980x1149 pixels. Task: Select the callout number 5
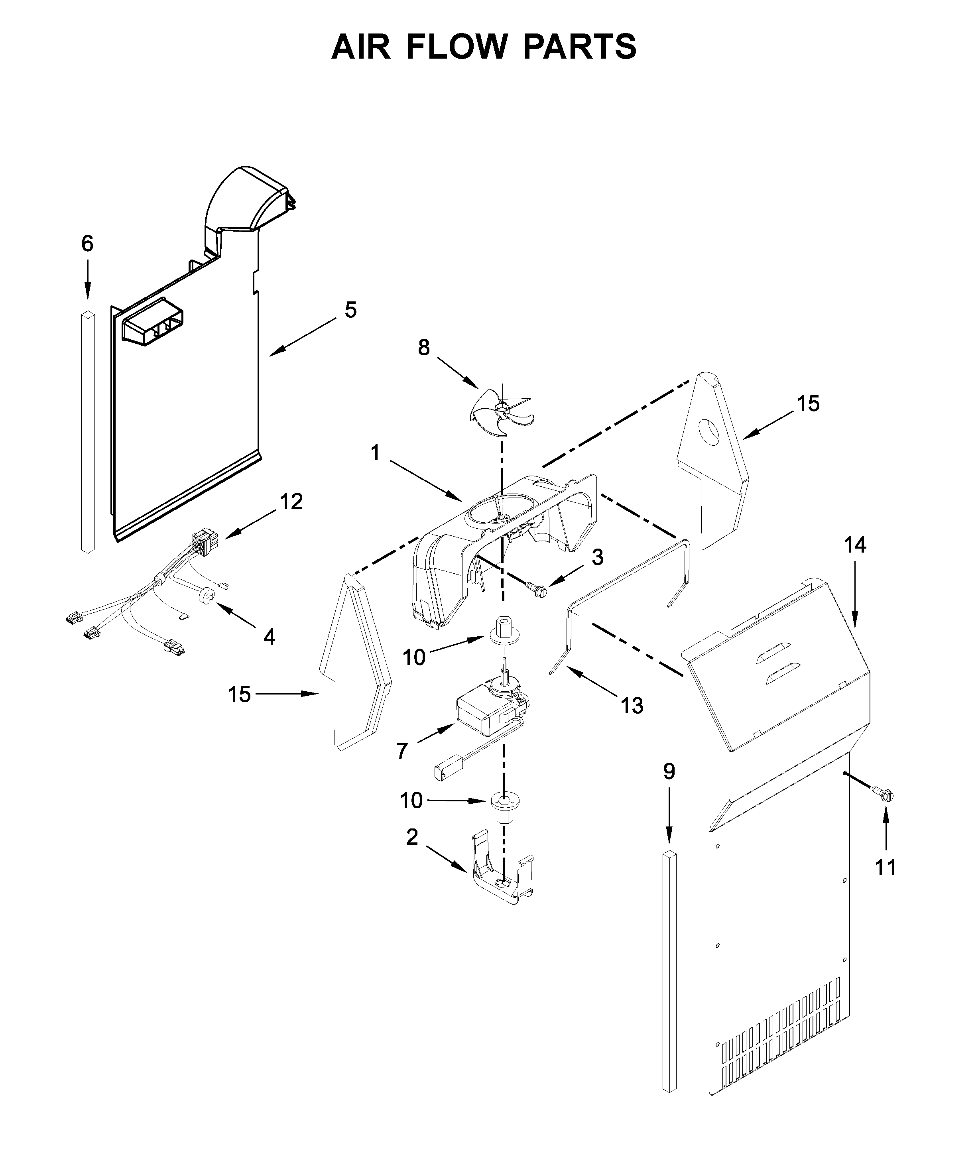[x=350, y=310]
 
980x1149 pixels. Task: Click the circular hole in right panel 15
[x=708, y=432]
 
